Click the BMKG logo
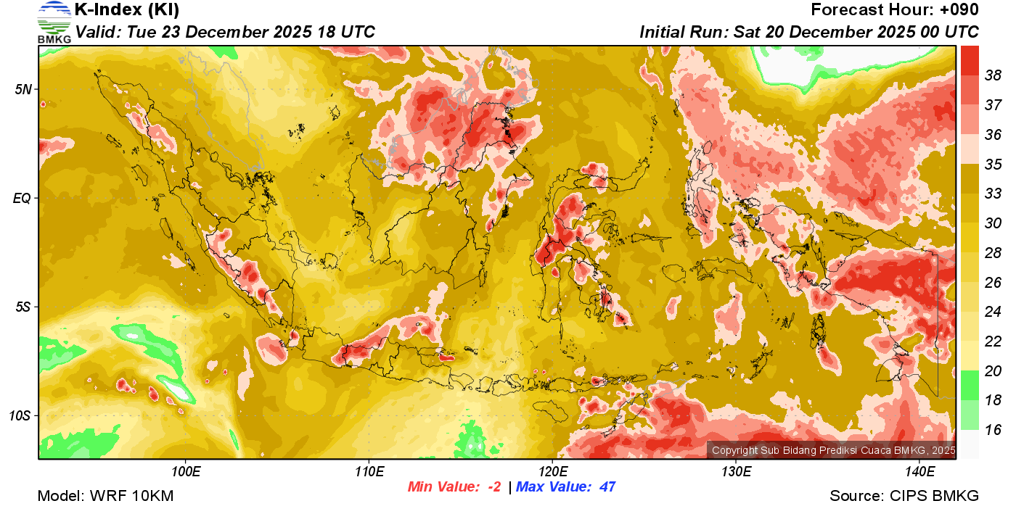[54, 22]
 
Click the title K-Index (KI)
[127, 10]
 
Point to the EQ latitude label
[22, 198]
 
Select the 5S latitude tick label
[22, 307]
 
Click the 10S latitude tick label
[20, 415]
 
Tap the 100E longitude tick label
[186, 472]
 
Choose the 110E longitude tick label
[369, 472]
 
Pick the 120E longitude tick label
[552, 472]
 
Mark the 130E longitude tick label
[736, 472]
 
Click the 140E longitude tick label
[919, 472]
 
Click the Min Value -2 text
[454, 487]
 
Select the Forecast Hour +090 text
[895, 10]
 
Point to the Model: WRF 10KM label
[105, 496]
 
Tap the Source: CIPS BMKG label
[904, 496]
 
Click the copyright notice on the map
[833, 450]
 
